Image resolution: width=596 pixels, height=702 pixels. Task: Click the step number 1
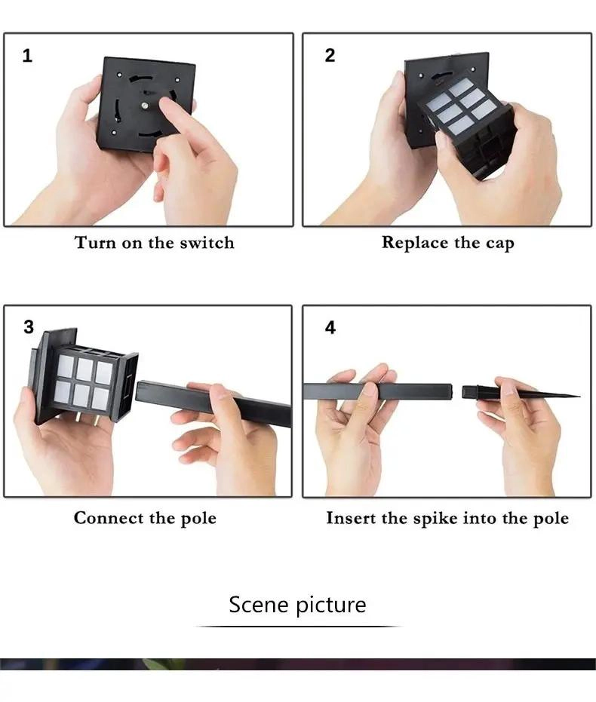[27, 56]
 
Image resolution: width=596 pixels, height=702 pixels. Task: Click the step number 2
[330, 55]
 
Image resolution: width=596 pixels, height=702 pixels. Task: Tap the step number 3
[29, 326]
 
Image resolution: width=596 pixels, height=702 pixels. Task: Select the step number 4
[330, 327]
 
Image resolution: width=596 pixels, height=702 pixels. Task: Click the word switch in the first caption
[207, 243]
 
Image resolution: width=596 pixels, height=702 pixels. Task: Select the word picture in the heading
[331, 605]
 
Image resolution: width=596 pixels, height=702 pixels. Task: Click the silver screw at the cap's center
[145, 106]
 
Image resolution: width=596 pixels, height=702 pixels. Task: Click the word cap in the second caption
[499, 244]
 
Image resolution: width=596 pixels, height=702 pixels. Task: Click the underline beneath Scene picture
[298, 627]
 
